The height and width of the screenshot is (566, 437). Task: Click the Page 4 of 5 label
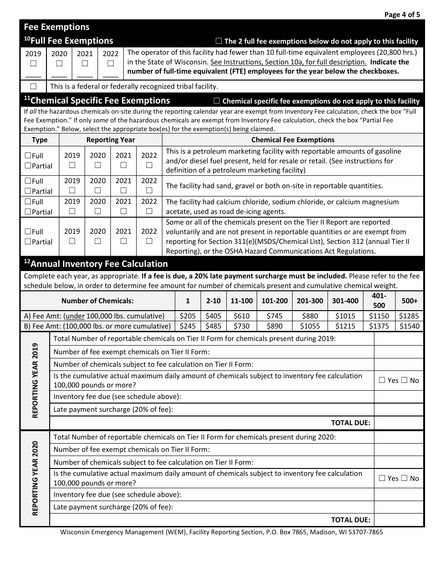[x=402, y=14]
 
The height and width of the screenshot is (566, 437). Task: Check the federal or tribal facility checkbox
[x=33, y=86]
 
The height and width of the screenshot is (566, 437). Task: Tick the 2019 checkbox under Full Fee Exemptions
[x=33, y=64]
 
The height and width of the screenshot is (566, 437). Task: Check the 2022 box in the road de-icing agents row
[x=149, y=211]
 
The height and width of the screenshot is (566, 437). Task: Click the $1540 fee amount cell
[x=409, y=326]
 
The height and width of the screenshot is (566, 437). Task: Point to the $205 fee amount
[x=188, y=316]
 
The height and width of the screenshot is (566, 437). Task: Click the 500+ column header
[x=409, y=300]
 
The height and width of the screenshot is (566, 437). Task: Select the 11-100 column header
[x=241, y=300]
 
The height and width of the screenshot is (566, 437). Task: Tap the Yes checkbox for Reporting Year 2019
[x=381, y=380]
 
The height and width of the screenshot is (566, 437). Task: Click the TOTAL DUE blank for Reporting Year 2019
[x=398, y=423]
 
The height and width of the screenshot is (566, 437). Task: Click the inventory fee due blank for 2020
[x=398, y=495]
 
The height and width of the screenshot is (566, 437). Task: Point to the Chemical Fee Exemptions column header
[x=293, y=140]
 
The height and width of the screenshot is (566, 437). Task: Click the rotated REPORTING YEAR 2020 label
[x=35, y=478]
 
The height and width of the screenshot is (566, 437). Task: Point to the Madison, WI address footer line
[x=221, y=532]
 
